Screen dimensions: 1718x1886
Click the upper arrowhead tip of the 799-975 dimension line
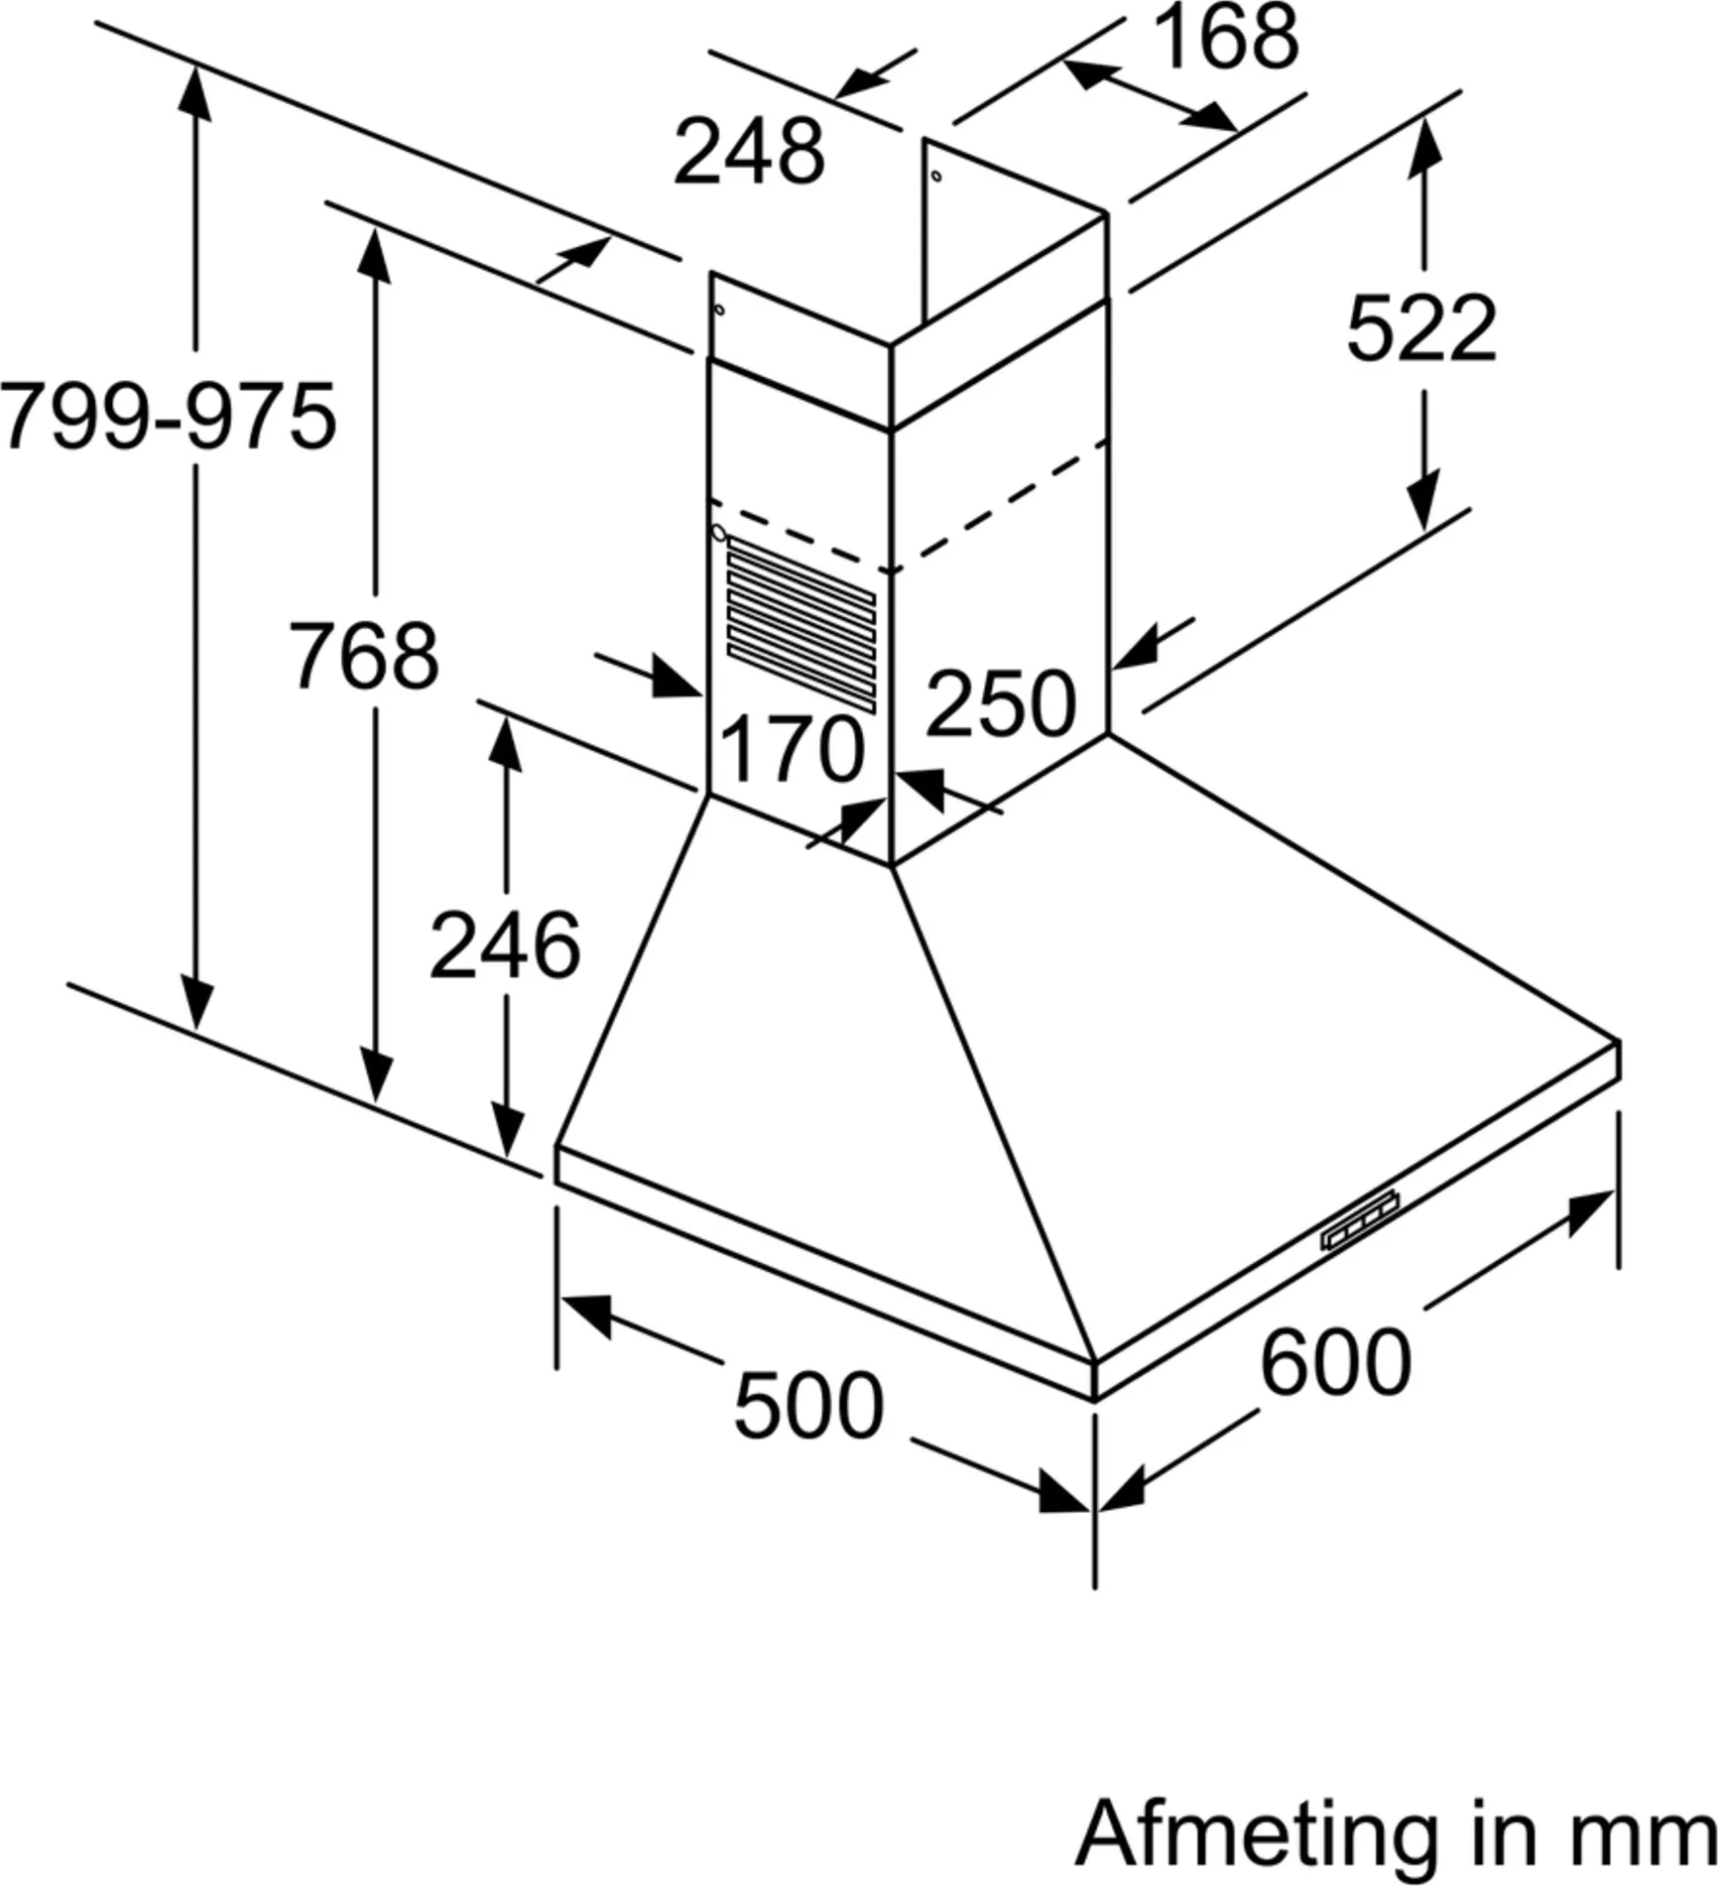click(x=195, y=65)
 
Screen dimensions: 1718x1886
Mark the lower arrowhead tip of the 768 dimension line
click(x=376, y=1101)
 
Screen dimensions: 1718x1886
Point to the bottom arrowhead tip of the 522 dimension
click(x=1423, y=531)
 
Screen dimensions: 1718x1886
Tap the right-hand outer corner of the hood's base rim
click(x=1619, y=1042)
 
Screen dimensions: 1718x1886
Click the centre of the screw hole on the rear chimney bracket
click(x=936, y=177)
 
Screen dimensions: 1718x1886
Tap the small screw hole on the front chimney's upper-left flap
click(x=719, y=310)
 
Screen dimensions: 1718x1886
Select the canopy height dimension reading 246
click(x=504, y=946)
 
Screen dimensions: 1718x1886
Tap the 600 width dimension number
click(x=1335, y=1362)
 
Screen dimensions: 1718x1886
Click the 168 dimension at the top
click(x=1226, y=38)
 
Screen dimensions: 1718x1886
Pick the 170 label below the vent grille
click(x=791, y=750)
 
